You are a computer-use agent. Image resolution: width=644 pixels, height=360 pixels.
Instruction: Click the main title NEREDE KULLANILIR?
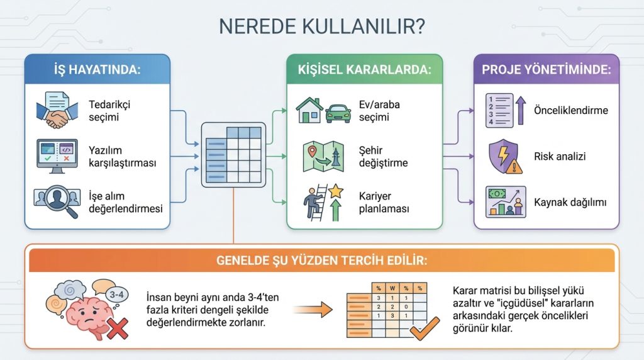(x=321, y=27)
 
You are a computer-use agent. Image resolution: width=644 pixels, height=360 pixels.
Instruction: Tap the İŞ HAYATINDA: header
(x=97, y=69)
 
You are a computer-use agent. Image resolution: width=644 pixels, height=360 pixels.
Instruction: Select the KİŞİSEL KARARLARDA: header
(x=365, y=69)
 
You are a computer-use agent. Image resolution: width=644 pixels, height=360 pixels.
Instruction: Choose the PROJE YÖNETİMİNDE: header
(x=546, y=69)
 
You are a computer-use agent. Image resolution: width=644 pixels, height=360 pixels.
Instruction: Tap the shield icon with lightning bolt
(x=504, y=157)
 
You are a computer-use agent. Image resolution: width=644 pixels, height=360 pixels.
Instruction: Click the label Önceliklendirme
(x=571, y=110)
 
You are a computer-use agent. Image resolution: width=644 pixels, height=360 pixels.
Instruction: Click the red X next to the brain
(x=118, y=327)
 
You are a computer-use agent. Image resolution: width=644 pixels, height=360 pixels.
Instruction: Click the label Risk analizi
(x=560, y=156)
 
